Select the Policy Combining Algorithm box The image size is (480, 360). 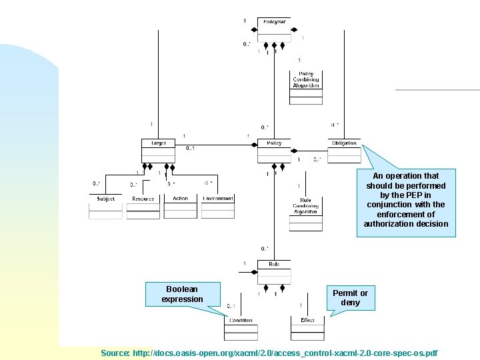point(306,87)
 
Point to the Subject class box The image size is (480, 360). point(105,206)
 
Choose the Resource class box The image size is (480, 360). point(143,206)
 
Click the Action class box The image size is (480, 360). point(180,206)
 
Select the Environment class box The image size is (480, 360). point(218,206)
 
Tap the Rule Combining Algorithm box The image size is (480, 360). point(305,213)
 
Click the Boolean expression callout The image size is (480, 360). point(182,294)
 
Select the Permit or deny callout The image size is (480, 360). point(350,298)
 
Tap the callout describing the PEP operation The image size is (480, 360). point(406,200)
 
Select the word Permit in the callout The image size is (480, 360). point(345,293)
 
